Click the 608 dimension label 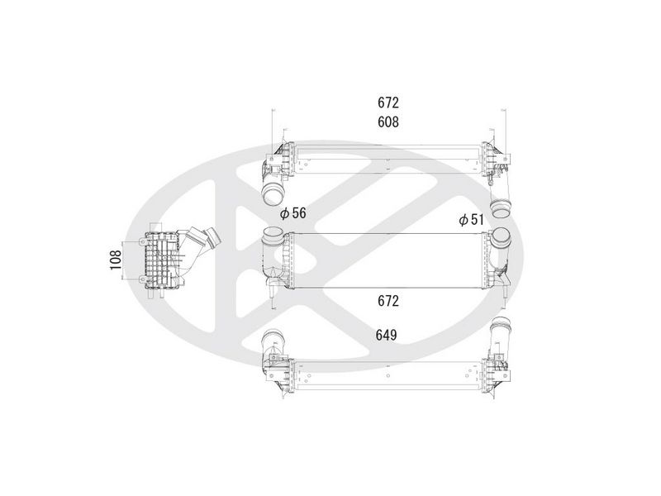tap(388, 122)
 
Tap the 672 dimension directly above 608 tap(388, 103)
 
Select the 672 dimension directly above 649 tap(388, 301)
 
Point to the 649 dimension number tap(386, 336)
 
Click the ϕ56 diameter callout tap(293, 213)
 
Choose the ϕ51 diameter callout tap(471, 219)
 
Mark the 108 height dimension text tap(116, 260)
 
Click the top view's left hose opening tap(273, 196)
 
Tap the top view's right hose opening tap(502, 210)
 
